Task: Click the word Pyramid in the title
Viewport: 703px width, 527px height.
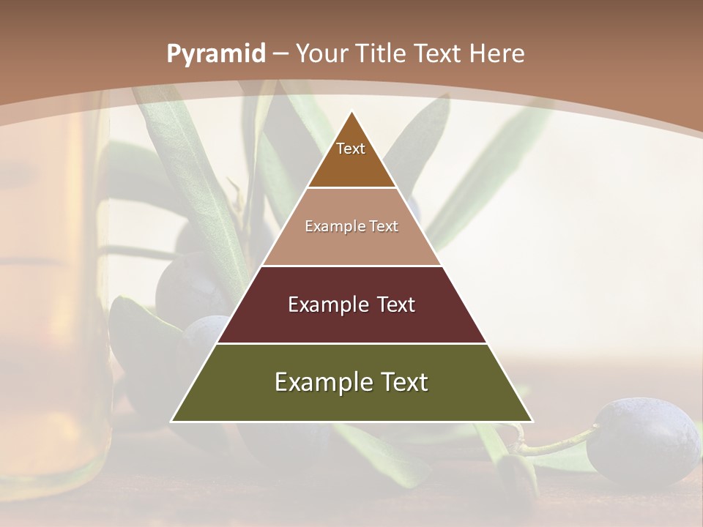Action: [x=216, y=54]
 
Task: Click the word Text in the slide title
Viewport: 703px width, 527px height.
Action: [x=439, y=53]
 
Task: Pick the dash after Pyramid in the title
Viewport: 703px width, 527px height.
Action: [x=280, y=54]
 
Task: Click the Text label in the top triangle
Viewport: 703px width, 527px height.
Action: [x=351, y=149]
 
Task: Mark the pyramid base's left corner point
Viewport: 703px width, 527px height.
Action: [x=171, y=421]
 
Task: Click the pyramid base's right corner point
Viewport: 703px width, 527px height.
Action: [x=532, y=421]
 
